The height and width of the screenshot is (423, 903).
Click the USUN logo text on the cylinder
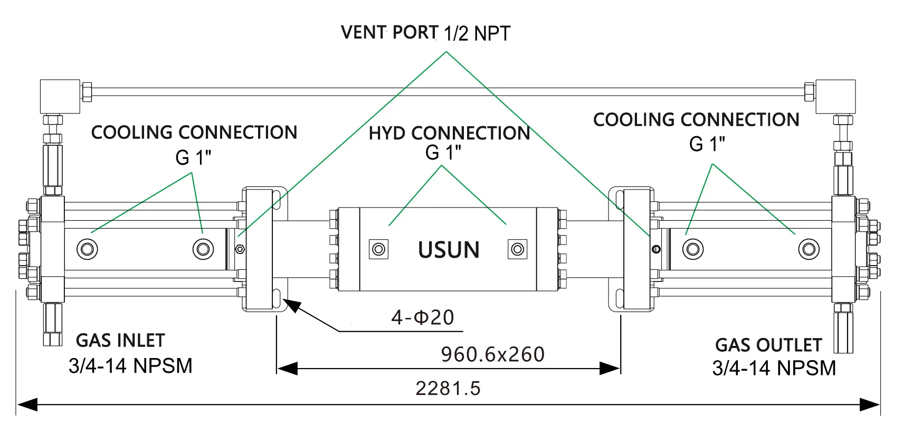pos(449,250)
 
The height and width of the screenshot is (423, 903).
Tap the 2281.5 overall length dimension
pos(448,388)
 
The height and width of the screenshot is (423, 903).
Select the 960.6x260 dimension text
pos(492,354)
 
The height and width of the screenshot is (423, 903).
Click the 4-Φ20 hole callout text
pos(422,317)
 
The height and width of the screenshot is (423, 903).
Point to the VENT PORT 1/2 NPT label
pos(425,33)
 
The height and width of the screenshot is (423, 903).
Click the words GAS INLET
pos(120,341)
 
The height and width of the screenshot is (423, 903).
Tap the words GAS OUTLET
pos(768,345)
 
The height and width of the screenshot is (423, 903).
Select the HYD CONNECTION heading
pos(449,133)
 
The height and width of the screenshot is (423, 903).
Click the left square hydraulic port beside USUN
pos(378,249)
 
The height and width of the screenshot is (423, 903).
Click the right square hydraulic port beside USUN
pos(517,249)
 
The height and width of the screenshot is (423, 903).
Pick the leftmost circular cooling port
pos(87,248)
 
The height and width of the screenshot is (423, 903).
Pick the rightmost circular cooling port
pos(809,248)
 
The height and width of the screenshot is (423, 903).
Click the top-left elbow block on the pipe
pos(60,96)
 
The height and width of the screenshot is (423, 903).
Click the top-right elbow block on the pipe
pos(835,96)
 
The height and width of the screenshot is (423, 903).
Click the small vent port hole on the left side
pos(240,249)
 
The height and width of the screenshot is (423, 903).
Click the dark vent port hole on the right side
pos(656,249)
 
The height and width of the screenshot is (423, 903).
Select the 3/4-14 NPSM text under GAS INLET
pos(130,365)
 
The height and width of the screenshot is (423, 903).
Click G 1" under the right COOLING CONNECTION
pos(707,144)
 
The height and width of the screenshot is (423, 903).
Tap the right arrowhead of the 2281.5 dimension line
pos(871,405)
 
